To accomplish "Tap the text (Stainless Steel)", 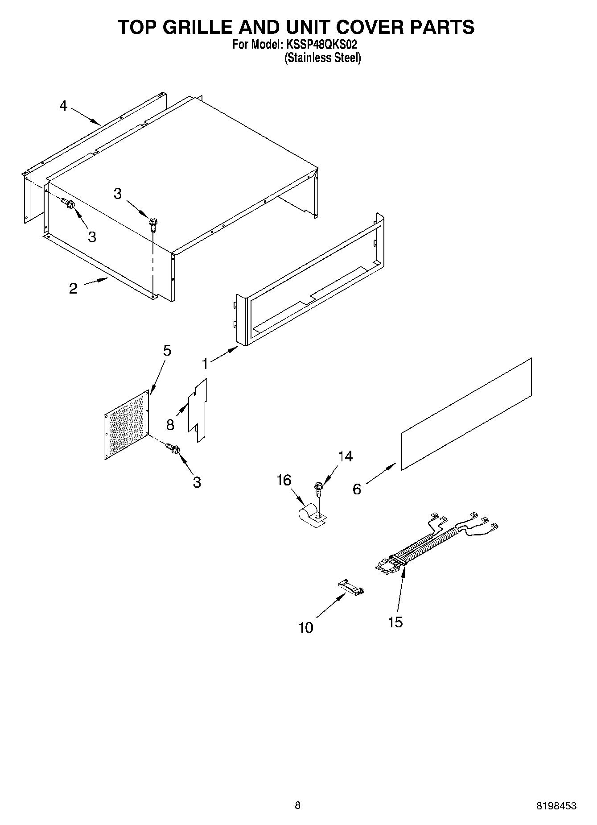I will coord(322,58).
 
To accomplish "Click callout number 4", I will coord(63,106).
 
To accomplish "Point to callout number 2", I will coord(73,288).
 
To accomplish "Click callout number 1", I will coord(205,364).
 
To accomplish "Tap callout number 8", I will coord(170,424).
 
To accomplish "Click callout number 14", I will coord(345,456).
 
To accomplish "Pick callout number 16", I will coord(284,480).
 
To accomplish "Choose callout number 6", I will coord(357,489).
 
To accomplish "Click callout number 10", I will coord(306,627).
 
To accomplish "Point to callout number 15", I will coord(395,622).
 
